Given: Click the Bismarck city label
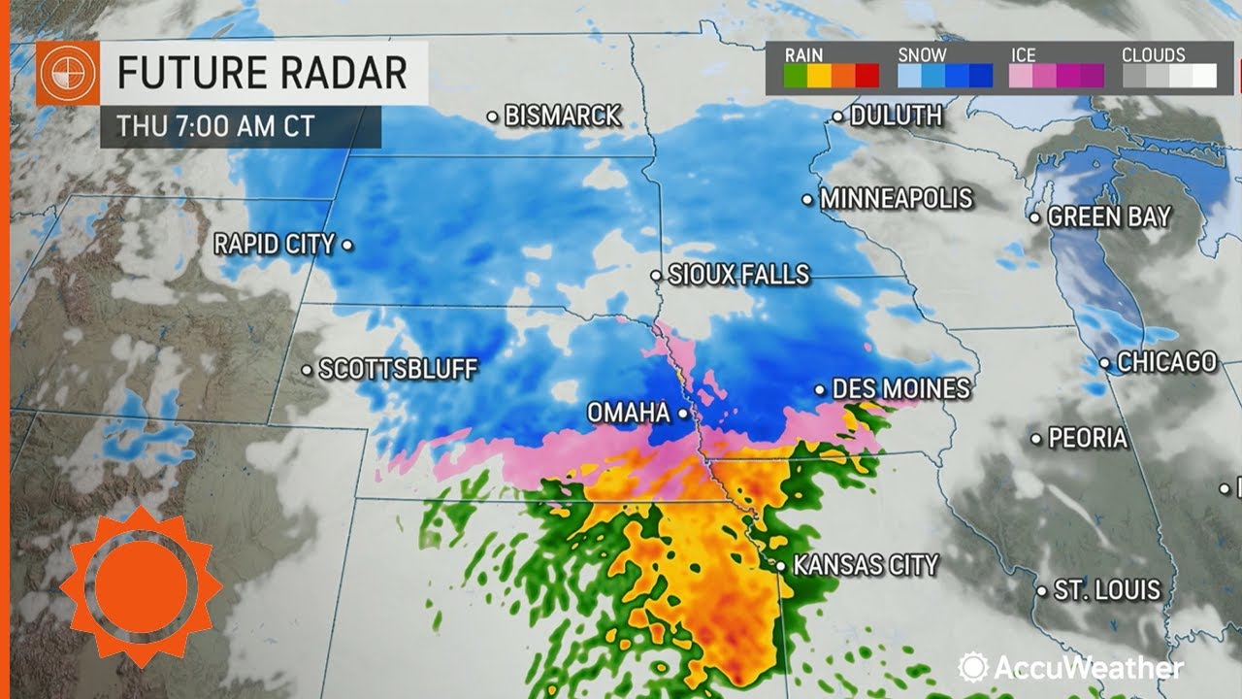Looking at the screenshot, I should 563,116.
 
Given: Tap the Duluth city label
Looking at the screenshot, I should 896,116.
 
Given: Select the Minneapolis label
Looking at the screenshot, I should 896,199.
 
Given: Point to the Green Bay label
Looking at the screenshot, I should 1109,216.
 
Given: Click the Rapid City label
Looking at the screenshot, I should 274,244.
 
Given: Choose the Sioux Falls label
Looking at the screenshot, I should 738,275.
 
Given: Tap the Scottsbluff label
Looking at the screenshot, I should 398,369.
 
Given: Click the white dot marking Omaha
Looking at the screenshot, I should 683,414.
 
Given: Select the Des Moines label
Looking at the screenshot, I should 901,389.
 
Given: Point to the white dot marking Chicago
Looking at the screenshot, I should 1105,364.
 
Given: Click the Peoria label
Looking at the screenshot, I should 1088,438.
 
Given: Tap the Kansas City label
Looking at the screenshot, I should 866,564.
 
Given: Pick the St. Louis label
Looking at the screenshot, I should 1107,589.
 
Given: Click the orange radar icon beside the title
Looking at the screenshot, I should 68,74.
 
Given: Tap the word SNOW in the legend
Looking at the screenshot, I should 922,55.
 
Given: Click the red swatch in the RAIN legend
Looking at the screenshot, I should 866,76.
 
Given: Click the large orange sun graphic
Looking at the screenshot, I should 141,586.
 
